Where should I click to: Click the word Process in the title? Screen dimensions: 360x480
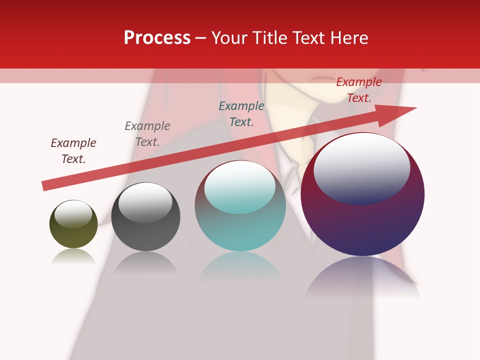click(157, 38)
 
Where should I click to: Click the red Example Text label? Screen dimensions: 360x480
click(359, 90)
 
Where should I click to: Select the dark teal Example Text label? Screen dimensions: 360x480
click(241, 114)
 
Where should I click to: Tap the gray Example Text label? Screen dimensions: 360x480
click(147, 134)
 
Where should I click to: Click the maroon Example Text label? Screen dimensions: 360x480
click(73, 151)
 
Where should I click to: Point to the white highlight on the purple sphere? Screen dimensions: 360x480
click(361, 167)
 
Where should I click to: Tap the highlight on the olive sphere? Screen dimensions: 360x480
click(73, 214)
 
